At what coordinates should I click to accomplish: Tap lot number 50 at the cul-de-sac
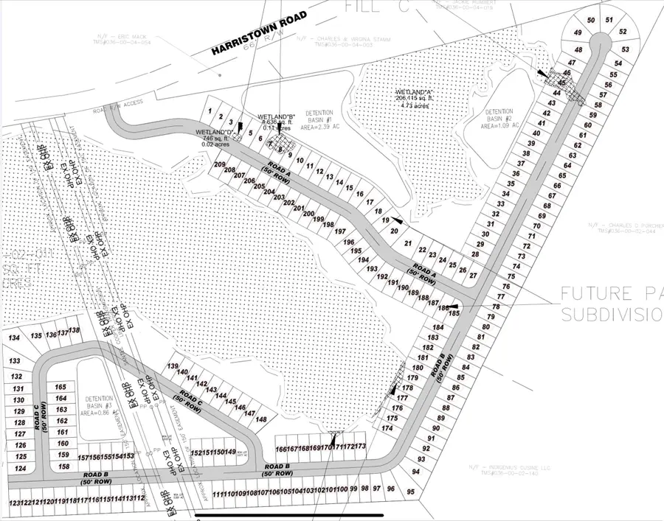pyautogui.click(x=590, y=20)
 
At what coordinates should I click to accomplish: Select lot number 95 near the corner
pyautogui.click(x=411, y=491)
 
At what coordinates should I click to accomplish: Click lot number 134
pyautogui.click(x=14, y=338)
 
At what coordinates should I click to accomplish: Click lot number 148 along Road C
pyautogui.click(x=260, y=419)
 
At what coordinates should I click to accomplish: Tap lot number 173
pyautogui.click(x=360, y=447)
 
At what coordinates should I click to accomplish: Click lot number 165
pyautogui.click(x=61, y=388)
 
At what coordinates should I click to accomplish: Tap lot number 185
pyautogui.click(x=454, y=313)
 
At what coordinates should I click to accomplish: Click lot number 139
pyautogui.click(x=173, y=366)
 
